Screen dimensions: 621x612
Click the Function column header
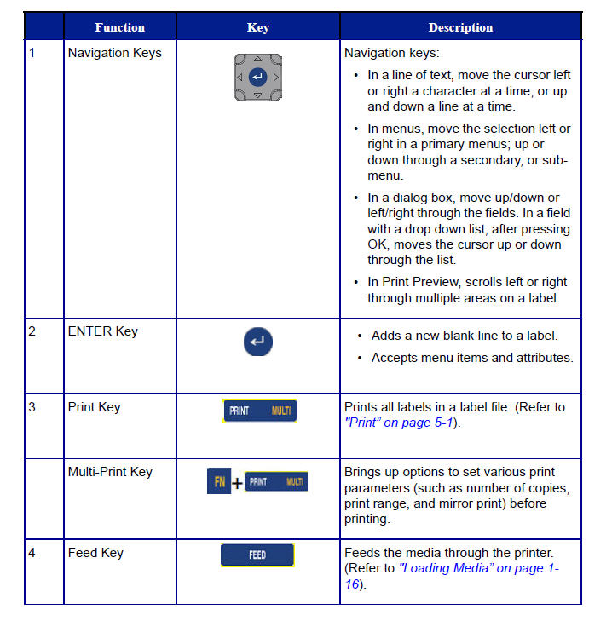point(119,27)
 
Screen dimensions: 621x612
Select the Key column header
point(257,27)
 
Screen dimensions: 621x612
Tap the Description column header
point(460,27)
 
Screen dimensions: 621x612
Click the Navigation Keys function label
point(114,53)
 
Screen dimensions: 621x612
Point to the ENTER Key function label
point(102,331)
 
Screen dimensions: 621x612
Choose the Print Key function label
point(94,407)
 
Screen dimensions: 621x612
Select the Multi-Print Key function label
point(110,472)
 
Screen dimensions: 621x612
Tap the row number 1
point(32,53)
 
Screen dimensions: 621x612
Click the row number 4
point(32,553)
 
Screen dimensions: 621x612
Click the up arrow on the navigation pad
point(258,60)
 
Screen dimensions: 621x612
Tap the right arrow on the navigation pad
point(275,78)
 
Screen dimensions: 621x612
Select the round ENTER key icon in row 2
point(257,342)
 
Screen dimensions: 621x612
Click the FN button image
point(218,483)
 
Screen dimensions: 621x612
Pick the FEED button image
point(257,555)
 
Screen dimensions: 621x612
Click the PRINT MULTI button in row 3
point(260,411)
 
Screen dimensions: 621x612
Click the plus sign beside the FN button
point(237,484)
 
